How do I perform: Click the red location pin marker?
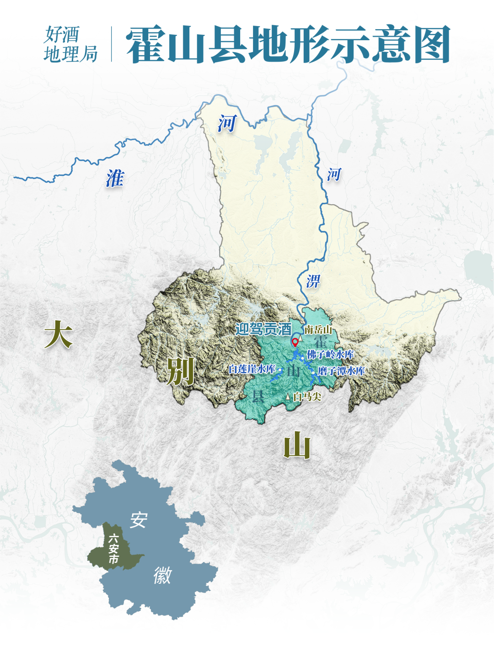pos(295,342)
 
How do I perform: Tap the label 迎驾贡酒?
pos(263,329)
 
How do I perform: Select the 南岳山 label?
pos(318,330)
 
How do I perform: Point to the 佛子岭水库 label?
pos(330,354)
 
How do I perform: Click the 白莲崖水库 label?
pos(252,369)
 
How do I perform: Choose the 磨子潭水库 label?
pos(341,371)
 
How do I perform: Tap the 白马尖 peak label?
pos(307,397)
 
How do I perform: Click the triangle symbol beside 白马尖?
pos(288,397)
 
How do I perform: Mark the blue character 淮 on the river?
pos(115,178)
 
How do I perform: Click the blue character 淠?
pos(313,281)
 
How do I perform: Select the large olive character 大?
pos(59,334)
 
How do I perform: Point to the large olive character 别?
pos(180,371)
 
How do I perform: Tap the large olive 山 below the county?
pos(297,445)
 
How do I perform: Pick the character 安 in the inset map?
pos(139,520)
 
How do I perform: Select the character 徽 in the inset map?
pos(163,575)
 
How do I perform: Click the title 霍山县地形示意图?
pos(288,45)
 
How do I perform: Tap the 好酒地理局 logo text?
pos(70,44)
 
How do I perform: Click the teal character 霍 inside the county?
pos(320,341)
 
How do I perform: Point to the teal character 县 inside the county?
pos(258,396)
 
